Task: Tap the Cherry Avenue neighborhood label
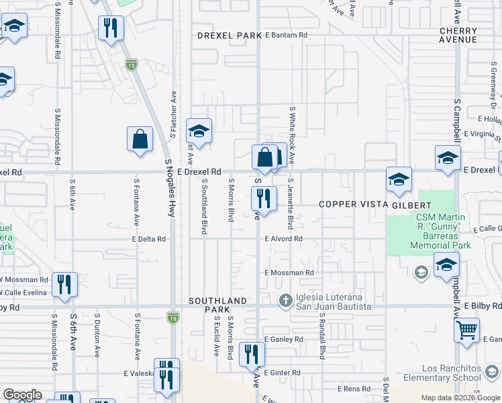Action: tap(458, 35)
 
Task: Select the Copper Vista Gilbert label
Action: tap(374, 204)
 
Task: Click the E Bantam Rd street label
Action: tap(286, 35)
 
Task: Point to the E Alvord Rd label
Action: tap(283, 238)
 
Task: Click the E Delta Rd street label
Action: tap(149, 238)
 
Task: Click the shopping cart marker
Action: tap(467, 330)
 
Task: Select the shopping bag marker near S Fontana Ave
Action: tap(140, 140)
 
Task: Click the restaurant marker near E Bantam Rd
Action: tap(111, 28)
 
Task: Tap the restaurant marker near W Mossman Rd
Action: tap(64, 283)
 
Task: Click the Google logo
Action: tap(22, 395)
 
